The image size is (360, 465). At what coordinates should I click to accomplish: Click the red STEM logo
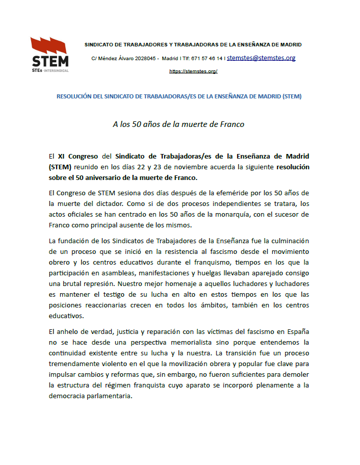[x=49, y=54]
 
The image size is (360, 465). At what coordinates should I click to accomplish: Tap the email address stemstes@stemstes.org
[x=261, y=58]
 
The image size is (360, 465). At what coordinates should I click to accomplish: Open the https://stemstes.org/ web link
[x=193, y=71]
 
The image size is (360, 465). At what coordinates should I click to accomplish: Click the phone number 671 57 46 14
[x=205, y=59]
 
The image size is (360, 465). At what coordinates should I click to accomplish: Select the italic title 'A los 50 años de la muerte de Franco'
[x=178, y=124]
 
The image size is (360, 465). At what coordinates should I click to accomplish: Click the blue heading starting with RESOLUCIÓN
[x=179, y=96]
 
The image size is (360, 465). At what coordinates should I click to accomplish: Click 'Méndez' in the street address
[x=108, y=59]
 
